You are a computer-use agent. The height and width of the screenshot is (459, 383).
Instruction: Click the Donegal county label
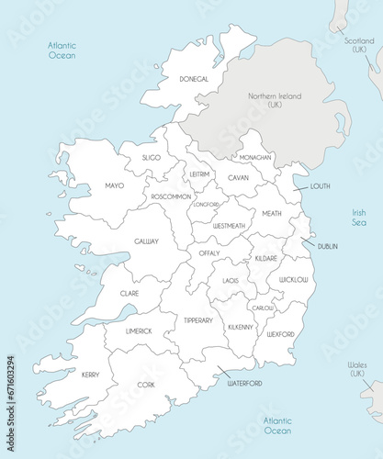pos(194,80)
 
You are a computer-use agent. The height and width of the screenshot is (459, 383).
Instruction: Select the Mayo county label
pos(114,186)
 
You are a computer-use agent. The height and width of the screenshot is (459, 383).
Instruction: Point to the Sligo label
pos(152,158)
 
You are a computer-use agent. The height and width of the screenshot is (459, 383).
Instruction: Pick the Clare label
pos(129,294)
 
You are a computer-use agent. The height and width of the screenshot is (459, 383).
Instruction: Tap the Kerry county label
pos(90,375)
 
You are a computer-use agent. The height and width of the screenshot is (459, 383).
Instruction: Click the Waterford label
pos(245,383)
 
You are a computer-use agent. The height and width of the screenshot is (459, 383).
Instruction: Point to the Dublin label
pos(328,246)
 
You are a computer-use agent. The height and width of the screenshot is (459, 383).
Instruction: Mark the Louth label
pos(321,186)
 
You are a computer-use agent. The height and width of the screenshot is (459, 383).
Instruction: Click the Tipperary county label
pos(198,320)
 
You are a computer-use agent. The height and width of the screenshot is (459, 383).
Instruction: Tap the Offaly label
pos(208,252)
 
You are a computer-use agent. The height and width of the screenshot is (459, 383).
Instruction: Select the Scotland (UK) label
pos(359,44)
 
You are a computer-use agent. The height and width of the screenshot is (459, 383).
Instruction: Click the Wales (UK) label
pos(358,369)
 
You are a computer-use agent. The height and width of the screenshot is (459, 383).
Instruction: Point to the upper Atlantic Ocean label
pos(62,50)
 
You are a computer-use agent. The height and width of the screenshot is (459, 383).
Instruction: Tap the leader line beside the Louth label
pos(300,187)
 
